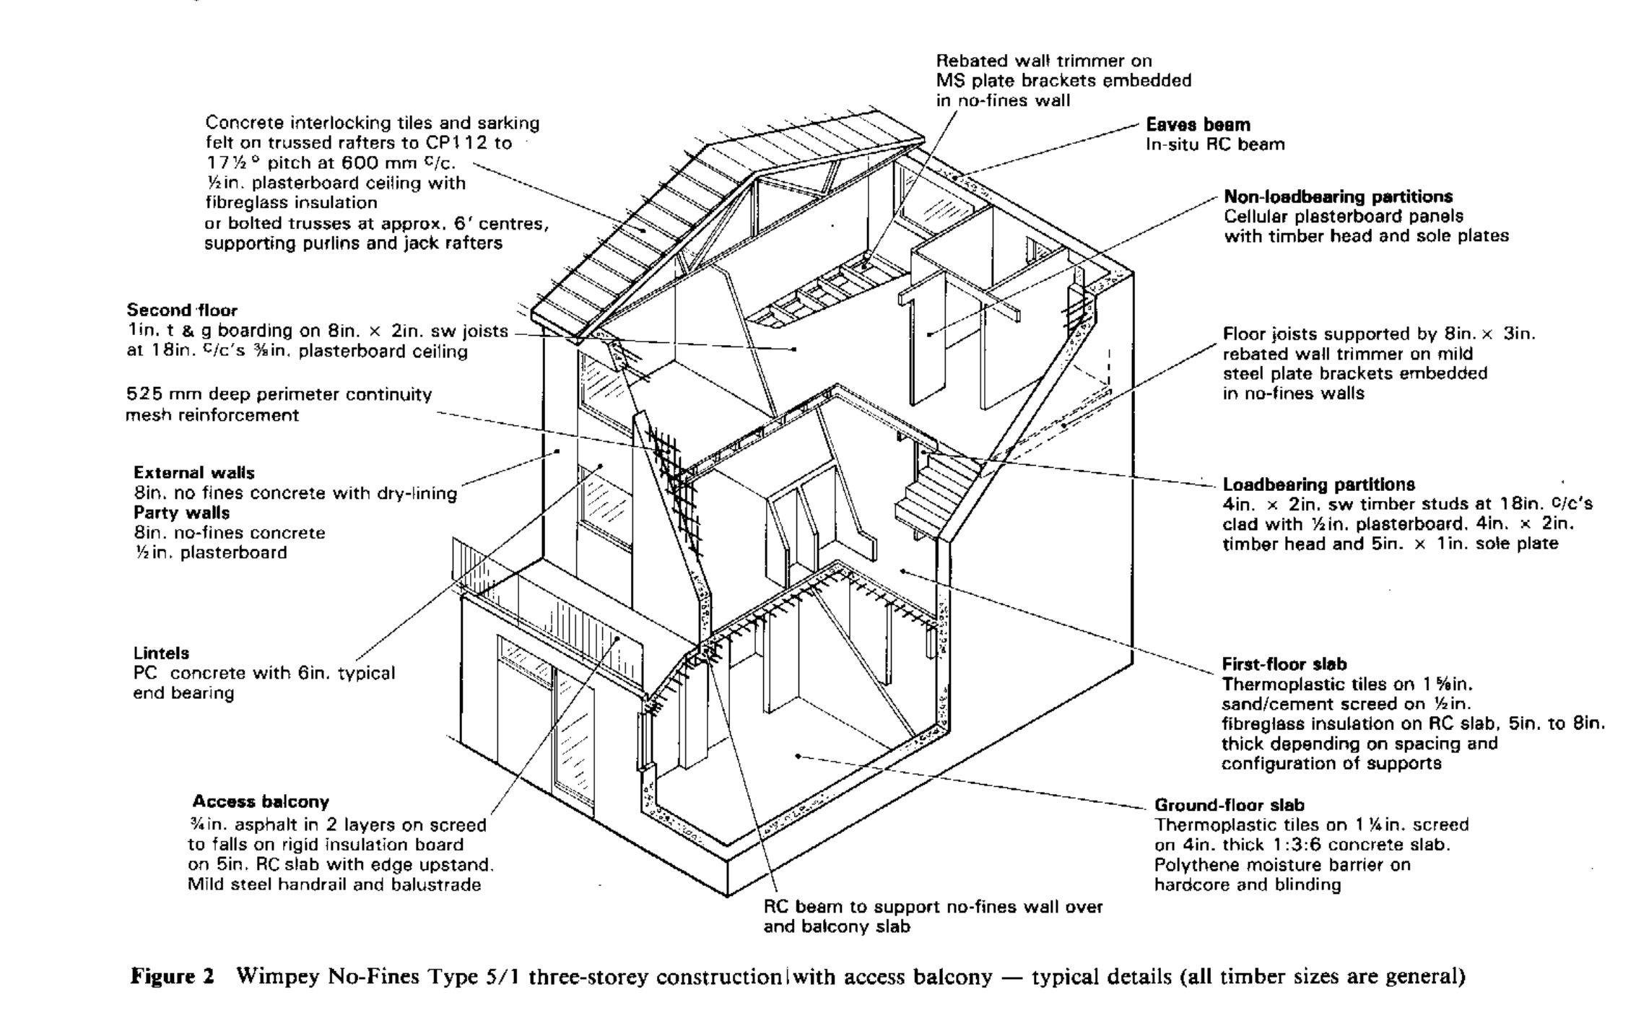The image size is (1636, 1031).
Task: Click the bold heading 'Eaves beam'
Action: [x=1198, y=125]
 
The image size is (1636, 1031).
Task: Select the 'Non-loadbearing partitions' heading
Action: [x=1338, y=196]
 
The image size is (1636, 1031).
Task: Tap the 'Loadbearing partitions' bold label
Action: [x=1318, y=484]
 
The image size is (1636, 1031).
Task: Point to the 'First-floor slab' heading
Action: [x=1284, y=664]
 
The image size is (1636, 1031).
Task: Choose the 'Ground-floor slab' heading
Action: [x=1229, y=805]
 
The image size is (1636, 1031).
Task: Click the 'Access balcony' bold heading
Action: [x=260, y=801]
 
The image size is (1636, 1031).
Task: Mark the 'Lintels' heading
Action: [x=161, y=653]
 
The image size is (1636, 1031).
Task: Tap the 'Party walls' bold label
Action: [x=181, y=513]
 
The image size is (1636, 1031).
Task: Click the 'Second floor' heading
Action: [x=182, y=310]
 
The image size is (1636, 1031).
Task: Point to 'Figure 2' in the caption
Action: [x=172, y=978]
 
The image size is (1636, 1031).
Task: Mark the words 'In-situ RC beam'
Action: [x=1215, y=144]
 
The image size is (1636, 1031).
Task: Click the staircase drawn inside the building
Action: [x=931, y=491]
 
